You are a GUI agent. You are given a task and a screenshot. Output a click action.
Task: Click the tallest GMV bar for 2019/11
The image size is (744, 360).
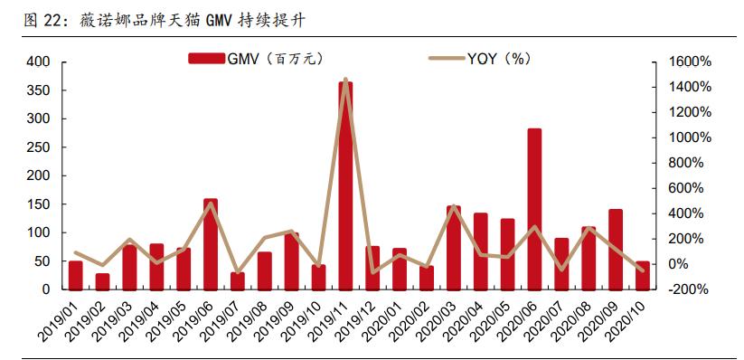coord(345,185)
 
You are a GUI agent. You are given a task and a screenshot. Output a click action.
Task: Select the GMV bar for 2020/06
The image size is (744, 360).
coord(534,209)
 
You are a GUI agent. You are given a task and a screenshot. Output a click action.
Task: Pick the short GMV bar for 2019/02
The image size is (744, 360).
coord(102,281)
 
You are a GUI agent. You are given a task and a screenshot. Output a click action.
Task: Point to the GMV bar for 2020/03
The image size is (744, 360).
coord(454,248)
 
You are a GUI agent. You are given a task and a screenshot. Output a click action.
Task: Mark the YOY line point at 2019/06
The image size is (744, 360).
coord(211,203)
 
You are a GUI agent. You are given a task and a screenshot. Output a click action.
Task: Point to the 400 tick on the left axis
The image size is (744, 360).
coord(39,62)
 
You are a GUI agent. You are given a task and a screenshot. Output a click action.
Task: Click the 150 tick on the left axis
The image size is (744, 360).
coord(39,204)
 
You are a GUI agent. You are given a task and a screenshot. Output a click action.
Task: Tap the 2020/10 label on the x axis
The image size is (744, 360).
coord(634,321)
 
